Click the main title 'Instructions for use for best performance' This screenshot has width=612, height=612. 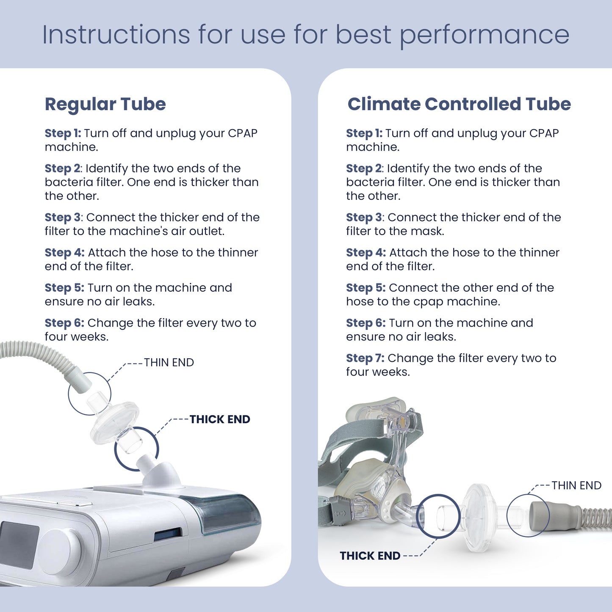[x=305, y=35]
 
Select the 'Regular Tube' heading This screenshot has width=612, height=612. [x=105, y=104]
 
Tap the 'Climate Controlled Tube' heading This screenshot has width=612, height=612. [x=459, y=104]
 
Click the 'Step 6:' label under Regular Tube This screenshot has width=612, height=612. [x=64, y=323]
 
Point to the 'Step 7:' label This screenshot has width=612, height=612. [x=365, y=358]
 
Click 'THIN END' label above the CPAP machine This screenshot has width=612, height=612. [x=169, y=363]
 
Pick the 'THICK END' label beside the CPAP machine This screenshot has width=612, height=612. [x=219, y=419]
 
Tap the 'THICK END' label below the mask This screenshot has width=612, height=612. [x=370, y=556]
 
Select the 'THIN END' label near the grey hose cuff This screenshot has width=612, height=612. [x=576, y=485]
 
